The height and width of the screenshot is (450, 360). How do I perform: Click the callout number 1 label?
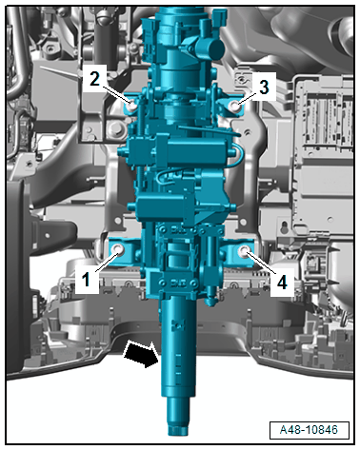86,280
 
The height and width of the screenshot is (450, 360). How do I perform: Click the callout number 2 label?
94,78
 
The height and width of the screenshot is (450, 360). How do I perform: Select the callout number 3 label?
264,87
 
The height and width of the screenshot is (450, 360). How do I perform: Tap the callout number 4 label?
282,282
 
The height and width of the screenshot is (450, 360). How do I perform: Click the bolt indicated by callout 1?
118,249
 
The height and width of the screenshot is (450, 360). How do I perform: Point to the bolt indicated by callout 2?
132,104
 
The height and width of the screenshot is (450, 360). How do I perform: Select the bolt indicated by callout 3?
235,105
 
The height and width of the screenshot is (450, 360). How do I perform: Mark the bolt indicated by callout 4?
244,250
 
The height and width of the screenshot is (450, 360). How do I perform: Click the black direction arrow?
142,354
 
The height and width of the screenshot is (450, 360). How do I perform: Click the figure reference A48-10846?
309,430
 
